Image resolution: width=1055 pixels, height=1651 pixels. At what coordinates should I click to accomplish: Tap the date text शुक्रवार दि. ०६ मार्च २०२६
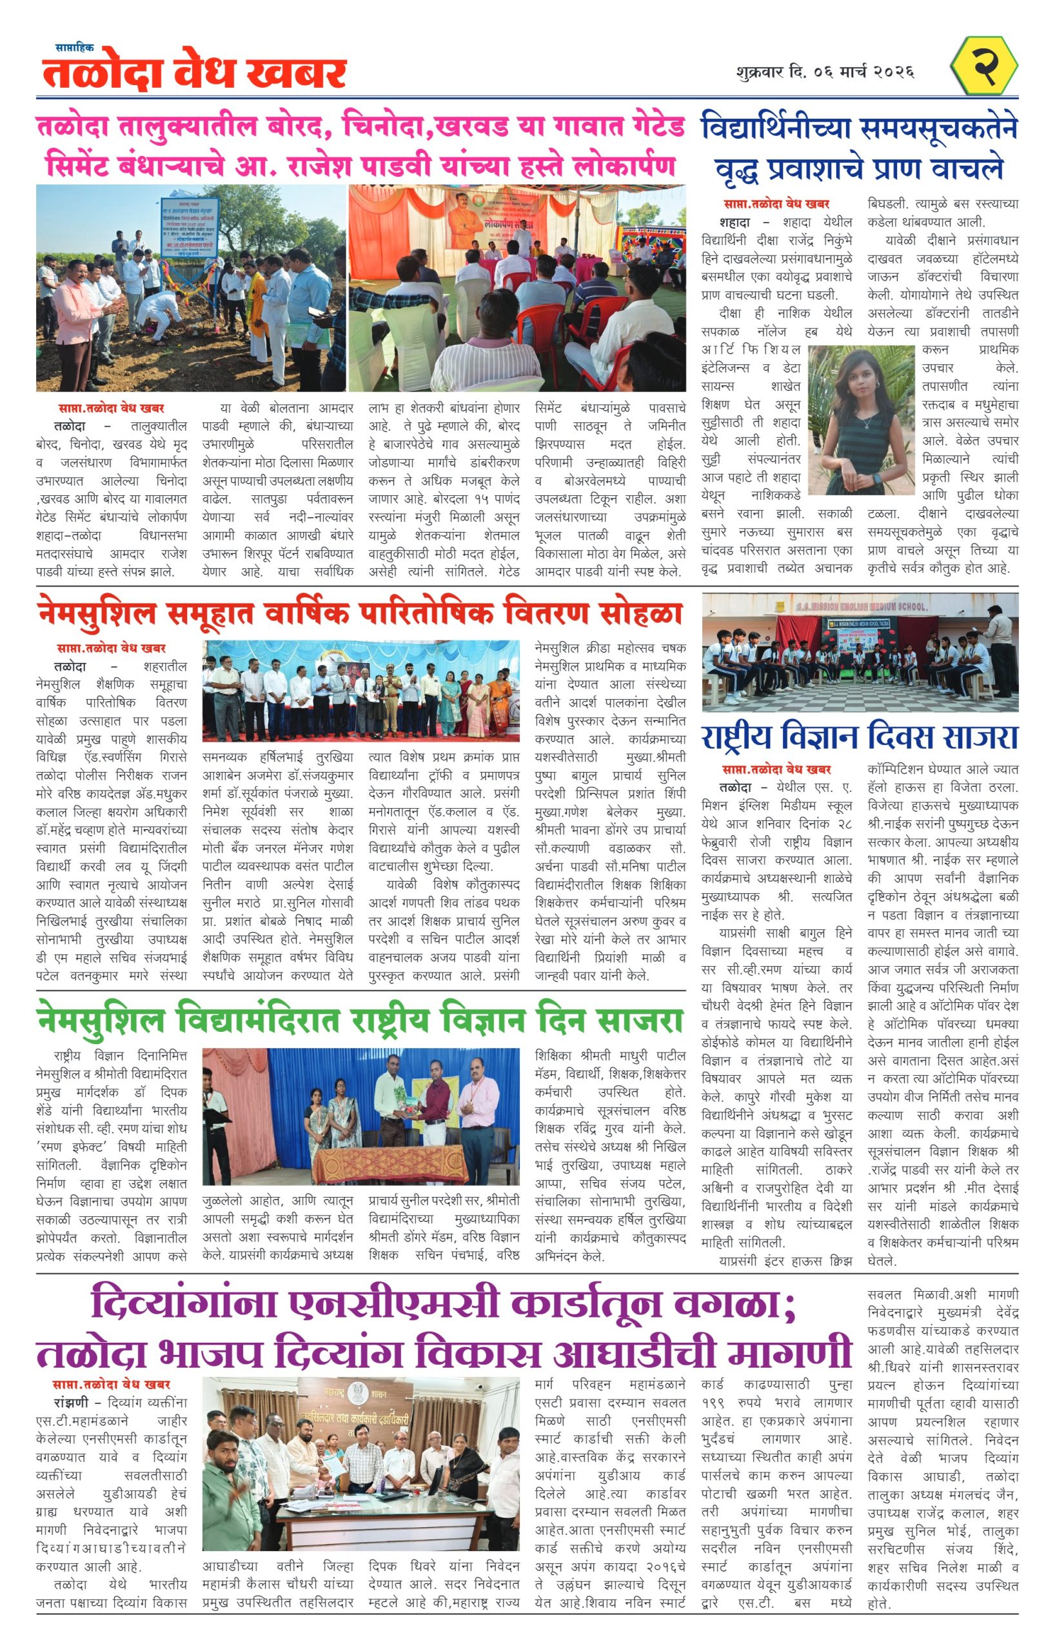[825, 72]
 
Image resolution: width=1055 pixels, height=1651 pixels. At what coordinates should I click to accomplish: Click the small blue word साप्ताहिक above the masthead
[75, 47]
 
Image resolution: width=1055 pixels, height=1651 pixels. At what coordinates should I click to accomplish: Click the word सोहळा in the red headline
[641, 613]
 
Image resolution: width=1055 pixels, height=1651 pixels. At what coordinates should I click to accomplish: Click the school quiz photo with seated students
[860, 652]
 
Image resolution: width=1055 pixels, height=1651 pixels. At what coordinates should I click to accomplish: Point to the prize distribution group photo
[360, 691]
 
